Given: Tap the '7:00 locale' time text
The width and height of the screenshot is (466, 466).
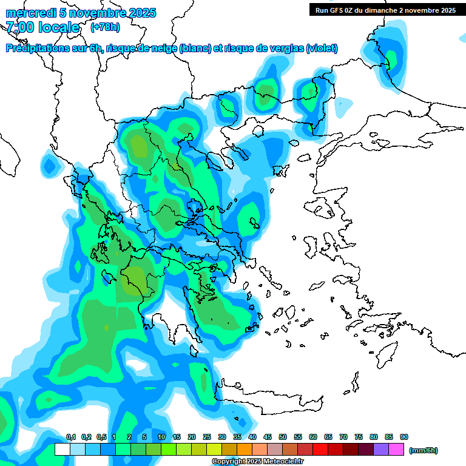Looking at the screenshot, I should pos(42,27).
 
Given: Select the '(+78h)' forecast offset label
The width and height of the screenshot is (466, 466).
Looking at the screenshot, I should pos(105,27).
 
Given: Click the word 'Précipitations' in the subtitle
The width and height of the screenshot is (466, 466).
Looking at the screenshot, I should pos(36,49).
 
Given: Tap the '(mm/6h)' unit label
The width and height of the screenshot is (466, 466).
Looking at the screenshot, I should pos(424,450).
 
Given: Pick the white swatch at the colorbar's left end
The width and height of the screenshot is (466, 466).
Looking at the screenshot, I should pos(62,450).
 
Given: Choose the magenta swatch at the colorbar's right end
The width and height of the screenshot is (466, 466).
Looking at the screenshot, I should pos(396,450).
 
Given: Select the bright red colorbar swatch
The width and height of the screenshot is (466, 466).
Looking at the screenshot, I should pos(320,450).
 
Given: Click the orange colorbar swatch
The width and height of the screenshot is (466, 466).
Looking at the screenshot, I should pos(245,450).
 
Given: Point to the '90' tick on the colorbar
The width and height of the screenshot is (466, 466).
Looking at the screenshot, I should pos(404,437).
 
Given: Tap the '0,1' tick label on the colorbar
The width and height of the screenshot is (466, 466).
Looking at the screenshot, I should pos(70,437).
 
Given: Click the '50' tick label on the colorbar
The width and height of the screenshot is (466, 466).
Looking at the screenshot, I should pos(283,437).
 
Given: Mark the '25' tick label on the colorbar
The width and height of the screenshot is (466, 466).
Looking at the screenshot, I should pos(207,437).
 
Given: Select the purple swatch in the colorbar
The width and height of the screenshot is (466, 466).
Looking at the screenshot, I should pos(381,450).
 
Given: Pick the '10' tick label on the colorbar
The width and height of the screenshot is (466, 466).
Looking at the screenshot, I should pos(161,437).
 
